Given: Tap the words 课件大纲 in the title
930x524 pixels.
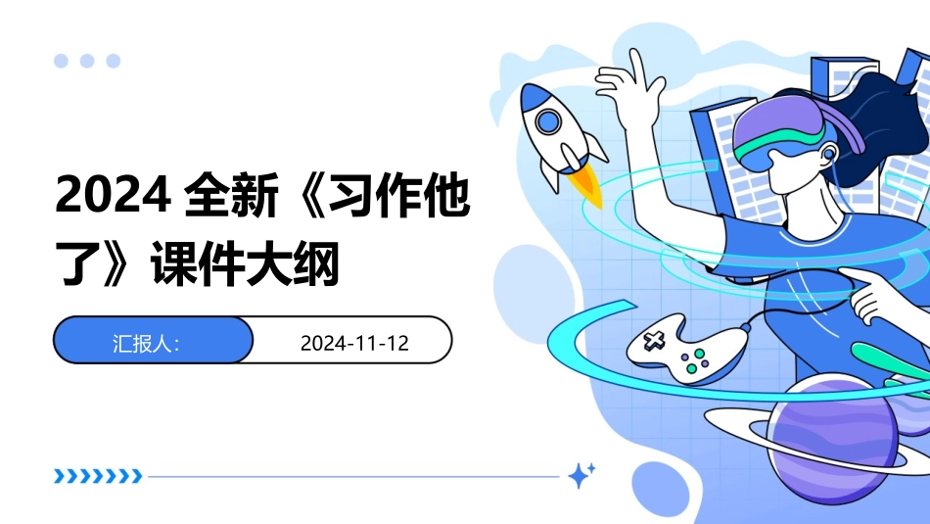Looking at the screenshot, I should (244, 264).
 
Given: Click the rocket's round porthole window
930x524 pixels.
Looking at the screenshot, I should (546, 120).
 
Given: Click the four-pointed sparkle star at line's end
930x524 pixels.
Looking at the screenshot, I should (581, 476).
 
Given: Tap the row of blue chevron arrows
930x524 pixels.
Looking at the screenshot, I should (98, 477).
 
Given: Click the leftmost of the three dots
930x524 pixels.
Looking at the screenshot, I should (61, 61).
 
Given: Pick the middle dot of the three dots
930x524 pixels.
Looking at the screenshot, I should (87, 61).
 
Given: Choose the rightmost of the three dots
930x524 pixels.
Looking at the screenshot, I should (114, 61).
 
